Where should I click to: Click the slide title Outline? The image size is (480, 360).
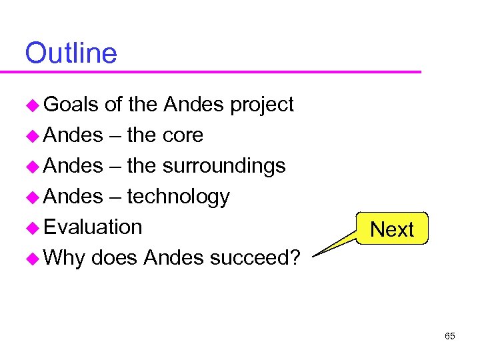[x=71, y=53]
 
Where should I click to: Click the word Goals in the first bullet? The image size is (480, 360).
[x=71, y=105]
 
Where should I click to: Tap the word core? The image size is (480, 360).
[x=183, y=135]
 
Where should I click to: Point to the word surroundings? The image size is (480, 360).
[x=225, y=166]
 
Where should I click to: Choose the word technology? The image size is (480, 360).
[x=178, y=197]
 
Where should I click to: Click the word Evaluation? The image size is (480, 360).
[x=93, y=227]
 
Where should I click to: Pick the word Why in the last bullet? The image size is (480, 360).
[x=65, y=258]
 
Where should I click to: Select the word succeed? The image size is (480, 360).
[x=255, y=258]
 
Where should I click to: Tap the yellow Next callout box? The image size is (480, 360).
[x=392, y=229]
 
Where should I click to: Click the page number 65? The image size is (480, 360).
[x=450, y=336]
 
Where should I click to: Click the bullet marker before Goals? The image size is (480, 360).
[x=33, y=105]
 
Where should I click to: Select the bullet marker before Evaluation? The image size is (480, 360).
[x=33, y=228]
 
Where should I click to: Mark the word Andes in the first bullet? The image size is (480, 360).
[x=193, y=105]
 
